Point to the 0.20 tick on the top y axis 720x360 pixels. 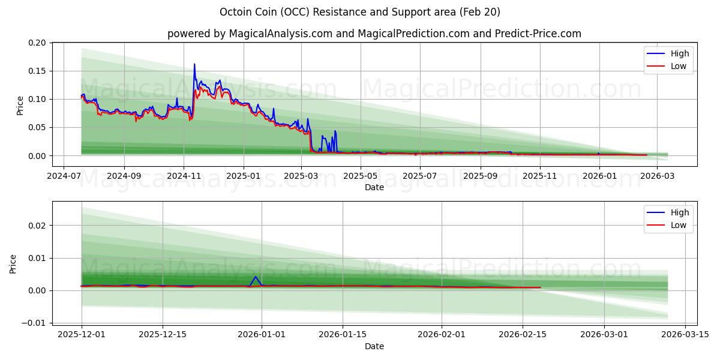point(37,43)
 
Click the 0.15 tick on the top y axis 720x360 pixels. point(37,71)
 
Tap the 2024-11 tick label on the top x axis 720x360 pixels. point(184,176)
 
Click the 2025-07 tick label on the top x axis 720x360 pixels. point(420,176)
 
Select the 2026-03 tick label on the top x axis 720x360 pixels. point(658,176)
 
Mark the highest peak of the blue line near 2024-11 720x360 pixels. point(194,64)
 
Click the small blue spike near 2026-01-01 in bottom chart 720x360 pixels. point(256,277)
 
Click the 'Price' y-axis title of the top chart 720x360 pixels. point(20,105)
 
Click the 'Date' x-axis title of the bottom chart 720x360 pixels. point(374,346)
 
